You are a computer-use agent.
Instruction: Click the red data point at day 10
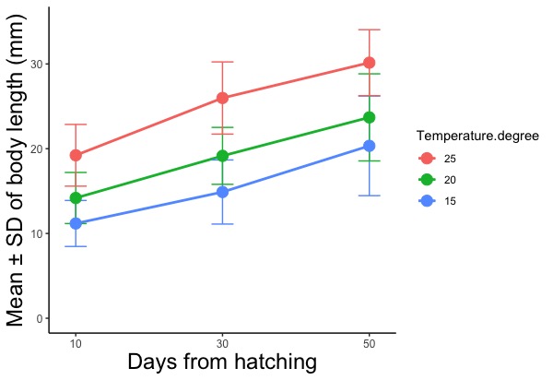(x=76, y=155)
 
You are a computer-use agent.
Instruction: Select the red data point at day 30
(x=222, y=98)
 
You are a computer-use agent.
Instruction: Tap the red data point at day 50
(x=369, y=63)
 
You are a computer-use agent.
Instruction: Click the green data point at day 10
(x=76, y=197)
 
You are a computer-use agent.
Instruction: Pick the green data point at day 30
(x=222, y=156)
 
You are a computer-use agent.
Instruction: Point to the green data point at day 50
(x=369, y=117)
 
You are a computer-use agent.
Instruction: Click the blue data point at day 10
(x=76, y=223)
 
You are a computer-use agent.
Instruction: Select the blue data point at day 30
(x=222, y=192)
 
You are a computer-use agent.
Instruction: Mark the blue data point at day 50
(x=369, y=146)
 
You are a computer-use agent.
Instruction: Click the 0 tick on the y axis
(x=40, y=318)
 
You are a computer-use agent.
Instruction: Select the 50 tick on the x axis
(x=369, y=342)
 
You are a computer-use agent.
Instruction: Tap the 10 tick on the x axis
(x=76, y=342)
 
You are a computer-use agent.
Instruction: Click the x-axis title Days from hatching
(x=222, y=362)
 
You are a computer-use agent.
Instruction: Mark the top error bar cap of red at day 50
(x=369, y=30)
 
